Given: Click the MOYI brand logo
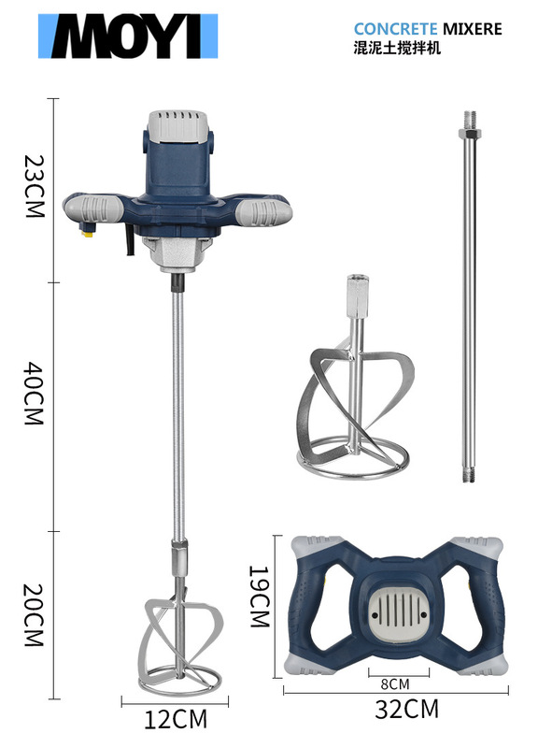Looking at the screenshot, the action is (x=128, y=36).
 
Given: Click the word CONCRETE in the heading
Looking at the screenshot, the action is (x=395, y=29).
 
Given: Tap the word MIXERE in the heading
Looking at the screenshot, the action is (x=473, y=29).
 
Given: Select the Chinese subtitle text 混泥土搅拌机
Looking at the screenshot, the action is (x=397, y=49).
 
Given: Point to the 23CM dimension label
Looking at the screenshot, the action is (x=35, y=186).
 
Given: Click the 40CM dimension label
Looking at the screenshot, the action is (x=35, y=394).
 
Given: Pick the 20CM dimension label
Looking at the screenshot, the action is (x=35, y=615).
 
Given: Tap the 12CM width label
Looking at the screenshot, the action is (x=176, y=719).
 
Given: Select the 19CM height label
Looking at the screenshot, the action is (x=260, y=597).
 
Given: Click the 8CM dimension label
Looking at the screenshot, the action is (x=395, y=684).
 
